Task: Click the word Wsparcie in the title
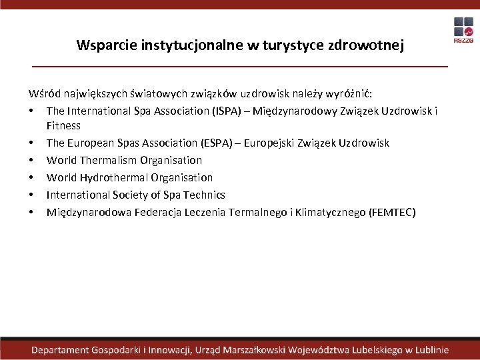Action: pos(103,45)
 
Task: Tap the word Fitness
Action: pos(63,125)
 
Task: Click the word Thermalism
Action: pos(108,160)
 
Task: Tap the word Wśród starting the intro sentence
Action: pos(43,93)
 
